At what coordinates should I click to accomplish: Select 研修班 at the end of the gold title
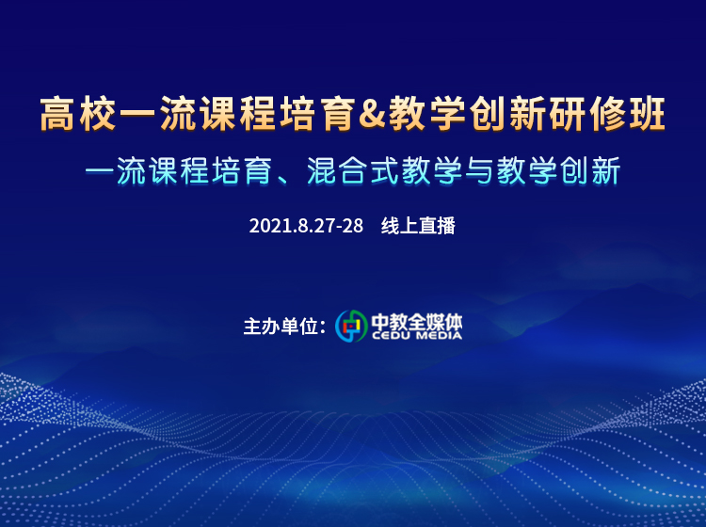click(607, 114)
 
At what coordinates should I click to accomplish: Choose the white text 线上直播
click(418, 226)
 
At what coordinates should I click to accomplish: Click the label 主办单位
click(281, 327)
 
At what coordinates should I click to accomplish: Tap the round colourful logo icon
click(352, 326)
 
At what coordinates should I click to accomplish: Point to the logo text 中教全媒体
click(417, 321)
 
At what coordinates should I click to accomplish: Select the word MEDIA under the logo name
click(439, 335)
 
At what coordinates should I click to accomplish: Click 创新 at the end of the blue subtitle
click(591, 171)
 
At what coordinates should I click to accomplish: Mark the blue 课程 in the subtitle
click(178, 171)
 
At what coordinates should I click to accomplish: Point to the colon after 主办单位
click(322, 327)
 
